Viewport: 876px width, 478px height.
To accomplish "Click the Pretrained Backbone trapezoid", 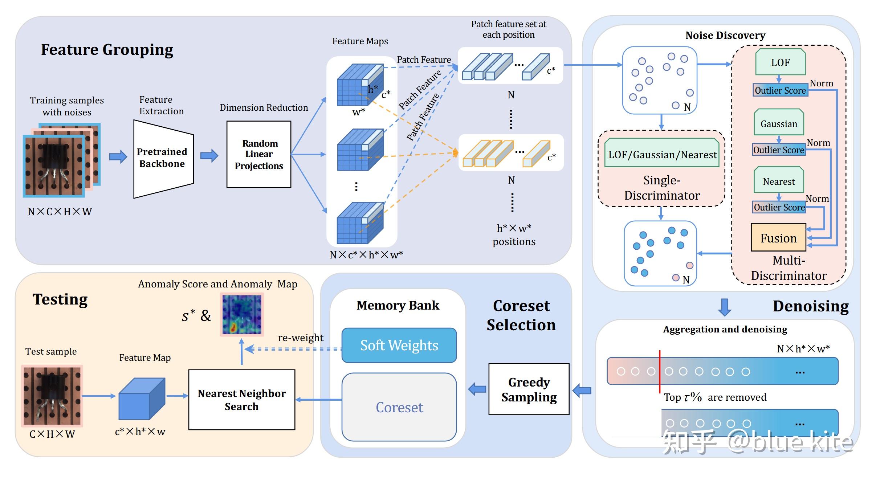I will click(163, 159).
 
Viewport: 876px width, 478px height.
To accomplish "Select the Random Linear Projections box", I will click(258, 154).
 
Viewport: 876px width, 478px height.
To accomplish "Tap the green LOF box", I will click(780, 62).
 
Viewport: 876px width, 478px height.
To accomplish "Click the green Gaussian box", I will click(779, 123).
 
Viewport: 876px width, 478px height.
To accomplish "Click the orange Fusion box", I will click(778, 238).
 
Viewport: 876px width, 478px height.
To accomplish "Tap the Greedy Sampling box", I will click(529, 389).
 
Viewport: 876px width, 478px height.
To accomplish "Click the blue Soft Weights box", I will click(399, 345).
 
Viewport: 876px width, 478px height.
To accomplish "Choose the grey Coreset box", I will click(399, 407).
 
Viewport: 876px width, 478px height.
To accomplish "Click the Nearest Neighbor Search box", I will click(242, 400).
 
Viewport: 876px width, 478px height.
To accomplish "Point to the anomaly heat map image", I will click(242, 314).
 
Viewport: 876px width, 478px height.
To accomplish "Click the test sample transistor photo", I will click(52, 396).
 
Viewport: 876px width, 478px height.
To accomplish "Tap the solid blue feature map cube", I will click(142, 399).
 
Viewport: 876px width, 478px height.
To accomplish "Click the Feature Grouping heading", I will click(107, 49).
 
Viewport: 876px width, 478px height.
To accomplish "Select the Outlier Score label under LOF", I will click(780, 90).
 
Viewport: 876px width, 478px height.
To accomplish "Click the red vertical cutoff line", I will click(660, 372).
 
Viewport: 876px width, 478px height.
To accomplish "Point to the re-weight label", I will click(300, 338).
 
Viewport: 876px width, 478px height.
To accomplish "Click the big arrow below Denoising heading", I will click(725, 307).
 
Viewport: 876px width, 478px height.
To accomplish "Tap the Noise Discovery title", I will click(725, 35).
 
